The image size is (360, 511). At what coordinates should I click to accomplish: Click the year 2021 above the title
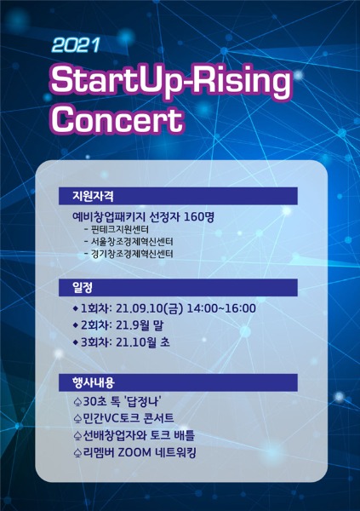coord(75,45)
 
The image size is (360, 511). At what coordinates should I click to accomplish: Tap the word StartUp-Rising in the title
coord(171,81)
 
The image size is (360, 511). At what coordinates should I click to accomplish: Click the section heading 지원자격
coord(93,196)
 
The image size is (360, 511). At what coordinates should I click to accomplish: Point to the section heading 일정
coord(82,287)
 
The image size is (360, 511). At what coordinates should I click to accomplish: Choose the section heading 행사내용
coord(93,382)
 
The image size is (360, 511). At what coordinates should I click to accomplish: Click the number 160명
coord(199,216)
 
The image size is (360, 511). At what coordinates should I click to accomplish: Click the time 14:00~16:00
coord(221,308)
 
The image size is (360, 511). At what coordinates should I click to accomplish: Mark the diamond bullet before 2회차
coord(76,325)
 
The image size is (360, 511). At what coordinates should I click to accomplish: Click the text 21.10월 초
coord(143,342)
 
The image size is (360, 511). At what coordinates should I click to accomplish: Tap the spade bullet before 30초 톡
coord(77,402)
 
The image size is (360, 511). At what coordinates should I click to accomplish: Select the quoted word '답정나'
coord(142,401)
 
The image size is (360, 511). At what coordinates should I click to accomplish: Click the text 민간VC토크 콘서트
coord(129,418)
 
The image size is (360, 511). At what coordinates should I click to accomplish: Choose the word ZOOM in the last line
coord(134,453)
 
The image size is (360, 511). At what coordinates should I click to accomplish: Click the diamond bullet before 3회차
coord(76,342)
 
